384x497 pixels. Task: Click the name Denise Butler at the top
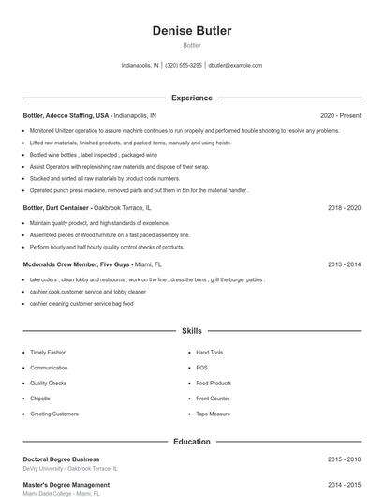pos(191,31)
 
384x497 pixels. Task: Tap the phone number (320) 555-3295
pos(184,66)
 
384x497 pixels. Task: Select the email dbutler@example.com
pos(235,66)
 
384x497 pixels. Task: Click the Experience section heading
pos(191,98)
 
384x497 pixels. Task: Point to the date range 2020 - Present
pos(340,115)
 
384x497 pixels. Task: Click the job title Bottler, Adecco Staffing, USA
pos(66,115)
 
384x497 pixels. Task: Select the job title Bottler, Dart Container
pos(56,207)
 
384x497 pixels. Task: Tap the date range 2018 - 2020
pos(344,207)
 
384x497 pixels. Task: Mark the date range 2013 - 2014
pos(344,264)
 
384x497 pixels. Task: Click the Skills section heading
pos(191,331)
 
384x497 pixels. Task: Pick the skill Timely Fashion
pos(48,353)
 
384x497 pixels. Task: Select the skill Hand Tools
pos(209,353)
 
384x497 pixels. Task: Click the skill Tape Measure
pos(213,414)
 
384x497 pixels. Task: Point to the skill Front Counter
pos(213,399)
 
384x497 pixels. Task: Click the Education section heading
pos(191,441)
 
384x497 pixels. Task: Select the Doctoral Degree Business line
pos(61,459)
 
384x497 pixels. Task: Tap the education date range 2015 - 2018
pos(344,459)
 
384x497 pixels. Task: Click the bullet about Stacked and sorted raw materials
pos(105,178)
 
